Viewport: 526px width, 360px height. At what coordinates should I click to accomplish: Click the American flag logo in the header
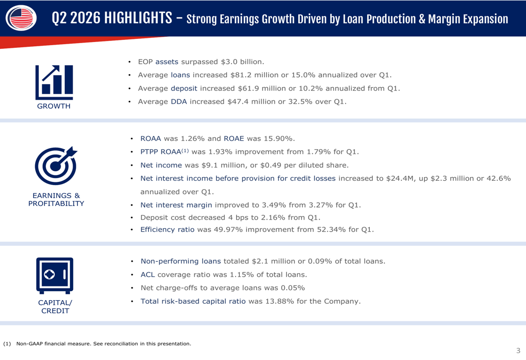21,18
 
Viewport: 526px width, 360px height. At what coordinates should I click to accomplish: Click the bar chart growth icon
54,83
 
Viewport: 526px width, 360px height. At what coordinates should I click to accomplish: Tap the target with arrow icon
56,165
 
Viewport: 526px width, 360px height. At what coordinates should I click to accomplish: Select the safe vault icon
55,275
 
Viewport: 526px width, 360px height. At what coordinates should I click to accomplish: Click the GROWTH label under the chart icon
54,106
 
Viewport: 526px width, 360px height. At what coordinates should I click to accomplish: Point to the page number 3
518,351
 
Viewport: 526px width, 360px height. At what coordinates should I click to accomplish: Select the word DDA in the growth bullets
179,101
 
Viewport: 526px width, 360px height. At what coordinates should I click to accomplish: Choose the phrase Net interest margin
176,205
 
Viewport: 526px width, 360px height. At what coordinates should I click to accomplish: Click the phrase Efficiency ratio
167,229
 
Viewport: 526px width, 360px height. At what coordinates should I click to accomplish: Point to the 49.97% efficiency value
228,229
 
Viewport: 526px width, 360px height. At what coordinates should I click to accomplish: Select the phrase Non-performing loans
181,261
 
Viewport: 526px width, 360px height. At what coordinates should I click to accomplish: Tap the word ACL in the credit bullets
148,274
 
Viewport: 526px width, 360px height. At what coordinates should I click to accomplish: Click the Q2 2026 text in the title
76,18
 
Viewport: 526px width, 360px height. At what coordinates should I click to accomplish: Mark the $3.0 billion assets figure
242,61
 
